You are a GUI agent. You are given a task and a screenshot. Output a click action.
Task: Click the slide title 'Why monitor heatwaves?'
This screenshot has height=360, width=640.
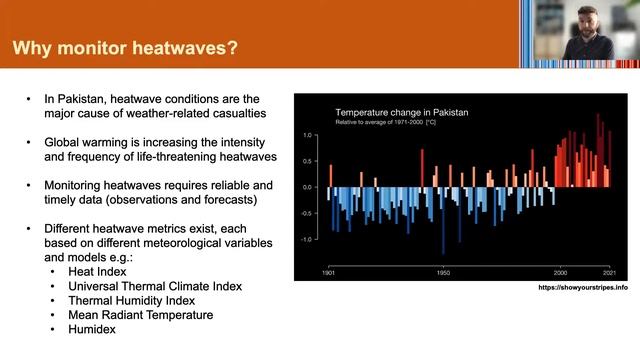pyautogui.click(x=125, y=47)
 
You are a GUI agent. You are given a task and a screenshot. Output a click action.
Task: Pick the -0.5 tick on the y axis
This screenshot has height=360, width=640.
pyautogui.click(x=309, y=213)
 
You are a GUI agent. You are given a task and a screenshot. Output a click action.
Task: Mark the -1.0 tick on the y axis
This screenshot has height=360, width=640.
pyautogui.click(x=309, y=240)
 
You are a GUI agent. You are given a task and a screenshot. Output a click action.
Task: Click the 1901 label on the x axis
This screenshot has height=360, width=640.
pyautogui.click(x=328, y=272)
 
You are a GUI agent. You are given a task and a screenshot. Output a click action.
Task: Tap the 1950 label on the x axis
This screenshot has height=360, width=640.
pyautogui.click(x=443, y=272)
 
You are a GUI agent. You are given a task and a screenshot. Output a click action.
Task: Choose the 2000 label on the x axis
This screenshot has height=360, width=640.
pyautogui.click(x=560, y=272)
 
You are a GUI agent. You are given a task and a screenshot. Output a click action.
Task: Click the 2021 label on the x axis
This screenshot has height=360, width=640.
pyautogui.click(x=609, y=272)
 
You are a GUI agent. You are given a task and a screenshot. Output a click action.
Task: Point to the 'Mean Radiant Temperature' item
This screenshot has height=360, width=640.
pyautogui.click(x=134, y=314)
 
